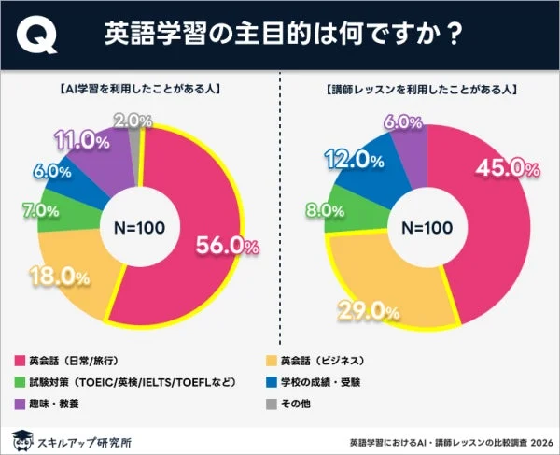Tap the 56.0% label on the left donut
tap(226, 245)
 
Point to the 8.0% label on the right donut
tap(316, 211)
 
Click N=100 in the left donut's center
tap(140, 227)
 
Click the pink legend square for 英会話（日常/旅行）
tap(19, 360)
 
